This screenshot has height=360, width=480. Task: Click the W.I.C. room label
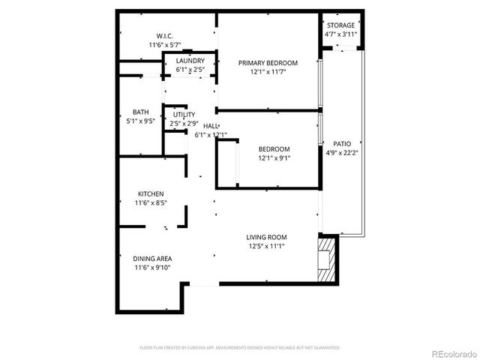pyautogui.click(x=165, y=36)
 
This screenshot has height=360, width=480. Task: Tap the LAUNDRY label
pyautogui.click(x=191, y=61)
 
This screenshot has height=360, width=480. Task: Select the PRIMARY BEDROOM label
pyautogui.click(x=268, y=63)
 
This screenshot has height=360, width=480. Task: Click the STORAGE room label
pyautogui.click(x=340, y=25)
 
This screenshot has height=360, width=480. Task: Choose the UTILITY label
pyautogui.click(x=184, y=115)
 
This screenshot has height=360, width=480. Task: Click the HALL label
pyautogui.click(x=211, y=127)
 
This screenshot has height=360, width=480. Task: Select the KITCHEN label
pyautogui.click(x=150, y=193)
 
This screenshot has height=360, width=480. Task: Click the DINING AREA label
pyautogui.click(x=153, y=259)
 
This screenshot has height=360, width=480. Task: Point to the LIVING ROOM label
pyautogui.click(x=267, y=238)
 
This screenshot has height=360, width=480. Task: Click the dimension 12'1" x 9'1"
pyautogui.click(x=274, y=158)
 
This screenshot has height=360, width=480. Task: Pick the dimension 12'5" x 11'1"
pyautogui.click(x=267, y=246)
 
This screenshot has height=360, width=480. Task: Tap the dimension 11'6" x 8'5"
pyautogui.click(x=150, y=202)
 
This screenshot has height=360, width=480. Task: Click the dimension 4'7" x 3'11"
pyautogui.click(x=340, y=34)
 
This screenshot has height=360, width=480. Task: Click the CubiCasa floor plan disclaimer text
pyautogui.click(x=240, y=347)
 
